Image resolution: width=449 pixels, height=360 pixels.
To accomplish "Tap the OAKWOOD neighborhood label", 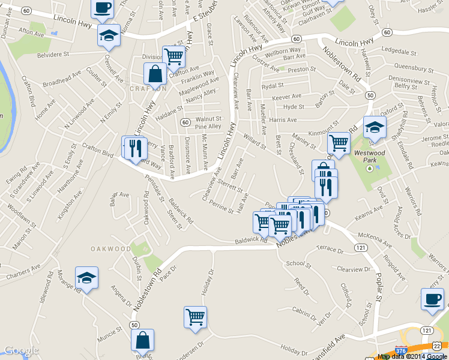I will (110, 248).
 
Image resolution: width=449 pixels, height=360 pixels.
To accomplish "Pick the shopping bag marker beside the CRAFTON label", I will (155, 75).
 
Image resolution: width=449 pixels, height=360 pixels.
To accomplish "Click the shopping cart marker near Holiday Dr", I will (195, 317).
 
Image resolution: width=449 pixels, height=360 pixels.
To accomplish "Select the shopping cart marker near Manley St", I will (339, 144).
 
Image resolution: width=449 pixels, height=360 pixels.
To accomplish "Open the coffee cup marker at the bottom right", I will (432, 300).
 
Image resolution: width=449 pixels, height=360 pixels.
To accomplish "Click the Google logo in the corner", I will (22, 351).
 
